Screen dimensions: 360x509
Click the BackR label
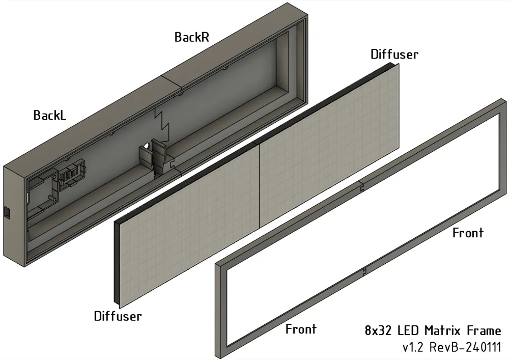tap(192, 37)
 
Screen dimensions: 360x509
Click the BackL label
tap(49, 115)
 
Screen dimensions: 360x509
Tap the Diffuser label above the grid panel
tap(394, 54)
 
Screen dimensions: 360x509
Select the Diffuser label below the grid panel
tap(118, 316)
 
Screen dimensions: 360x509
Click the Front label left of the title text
tap(301, 329)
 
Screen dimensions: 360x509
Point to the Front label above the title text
tap(468, 233)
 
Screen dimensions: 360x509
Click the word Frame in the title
tap(484, 330)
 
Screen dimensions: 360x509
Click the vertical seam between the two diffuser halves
tap(260, 183)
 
